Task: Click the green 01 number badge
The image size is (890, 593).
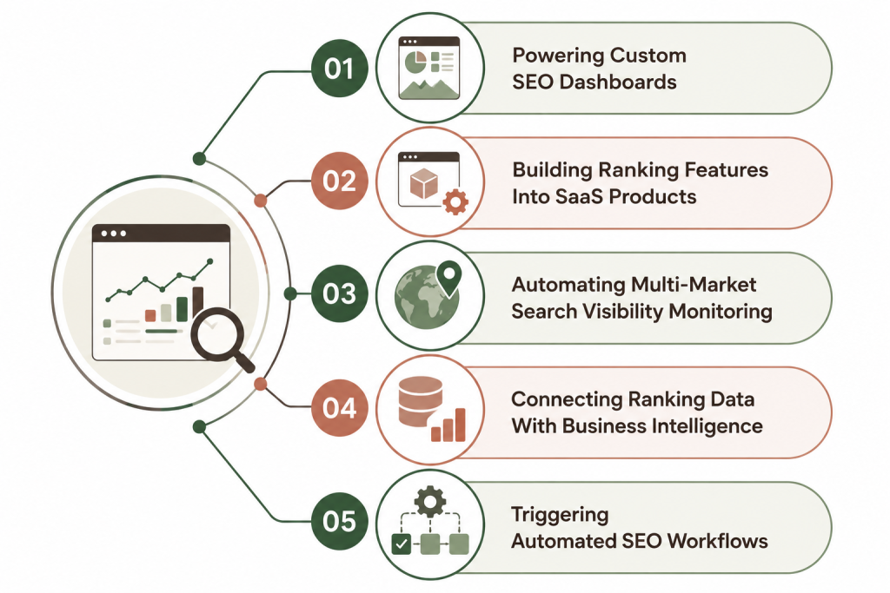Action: [340, 69]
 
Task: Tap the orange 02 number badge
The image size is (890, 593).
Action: [340, 181]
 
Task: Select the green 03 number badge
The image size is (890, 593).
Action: [340, 293]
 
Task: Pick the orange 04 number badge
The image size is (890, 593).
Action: [340, 407]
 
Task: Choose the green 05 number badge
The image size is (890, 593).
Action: [340, 521]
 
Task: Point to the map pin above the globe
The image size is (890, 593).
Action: [448, 279]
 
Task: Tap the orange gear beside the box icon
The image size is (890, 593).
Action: [455, 201]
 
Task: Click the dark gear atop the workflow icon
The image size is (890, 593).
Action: [429, 501]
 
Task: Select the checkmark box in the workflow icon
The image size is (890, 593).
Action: [402, 544]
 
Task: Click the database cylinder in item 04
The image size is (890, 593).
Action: [420, 401]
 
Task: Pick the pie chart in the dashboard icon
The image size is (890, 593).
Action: [415, 62]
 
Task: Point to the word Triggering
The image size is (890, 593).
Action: [561, 516]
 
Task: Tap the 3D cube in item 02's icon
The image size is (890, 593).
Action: [423, 184]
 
